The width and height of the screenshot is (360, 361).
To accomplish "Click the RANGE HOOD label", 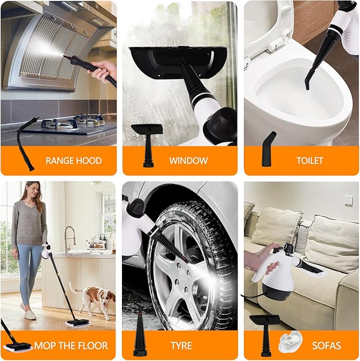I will click(74, 161).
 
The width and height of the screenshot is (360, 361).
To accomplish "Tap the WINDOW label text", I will click(188, 161).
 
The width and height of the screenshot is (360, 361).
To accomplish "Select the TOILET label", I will click(310, 161).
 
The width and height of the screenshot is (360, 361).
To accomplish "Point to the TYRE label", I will click(181, 346).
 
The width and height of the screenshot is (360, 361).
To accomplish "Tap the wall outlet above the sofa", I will click(348, 200).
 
